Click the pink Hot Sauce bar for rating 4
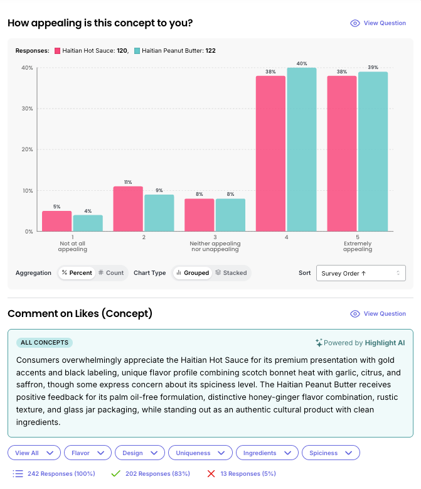coord(270,153)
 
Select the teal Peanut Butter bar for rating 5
coord(373,151)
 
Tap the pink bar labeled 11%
coord(128,208)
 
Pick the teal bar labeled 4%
coord(88,223)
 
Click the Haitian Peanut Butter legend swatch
coord(137,51)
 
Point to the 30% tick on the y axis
coord(28,109)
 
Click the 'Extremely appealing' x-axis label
coord(358,246)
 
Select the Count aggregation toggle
coord(111,273)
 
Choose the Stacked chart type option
coord(231,273)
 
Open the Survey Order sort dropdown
coord(361,273)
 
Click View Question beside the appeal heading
coord(378,23)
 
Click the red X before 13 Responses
coord(211,473)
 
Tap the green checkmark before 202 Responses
coord(115,473)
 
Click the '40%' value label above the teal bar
coord(302,63)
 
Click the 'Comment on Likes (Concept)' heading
coord(80,313)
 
